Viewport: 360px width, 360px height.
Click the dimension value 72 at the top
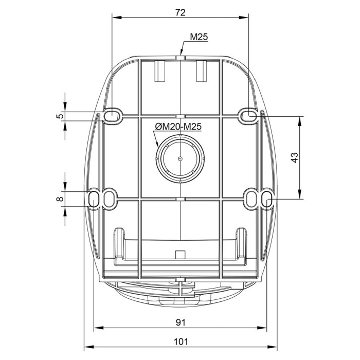pos(180,12)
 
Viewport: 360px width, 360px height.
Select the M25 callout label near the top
pos(199,37)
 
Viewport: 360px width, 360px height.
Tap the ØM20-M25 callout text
pos(178,127)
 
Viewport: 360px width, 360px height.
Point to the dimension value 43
pos(295,157)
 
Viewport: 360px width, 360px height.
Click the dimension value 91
pos(181,322)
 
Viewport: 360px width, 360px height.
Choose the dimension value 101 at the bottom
pos(181,342)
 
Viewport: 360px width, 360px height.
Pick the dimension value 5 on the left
pos(60,116)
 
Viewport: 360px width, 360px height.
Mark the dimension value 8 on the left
pos(60,199)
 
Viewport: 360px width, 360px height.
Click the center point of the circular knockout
pos(180,158)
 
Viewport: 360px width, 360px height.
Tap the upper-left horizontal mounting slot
pos(112,114)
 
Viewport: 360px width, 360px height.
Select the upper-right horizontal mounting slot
pos(248,114)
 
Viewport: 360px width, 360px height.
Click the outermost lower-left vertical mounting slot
pos(94,199)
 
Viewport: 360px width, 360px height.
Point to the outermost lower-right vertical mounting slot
pos(266,199)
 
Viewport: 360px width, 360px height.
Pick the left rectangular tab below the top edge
pos(160,71)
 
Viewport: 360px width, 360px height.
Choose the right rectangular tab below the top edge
pos(202,71)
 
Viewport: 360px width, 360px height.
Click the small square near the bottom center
pos(180,255)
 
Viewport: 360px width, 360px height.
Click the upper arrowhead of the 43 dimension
pos(299,121)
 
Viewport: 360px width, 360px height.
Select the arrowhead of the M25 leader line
pos(181,52)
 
